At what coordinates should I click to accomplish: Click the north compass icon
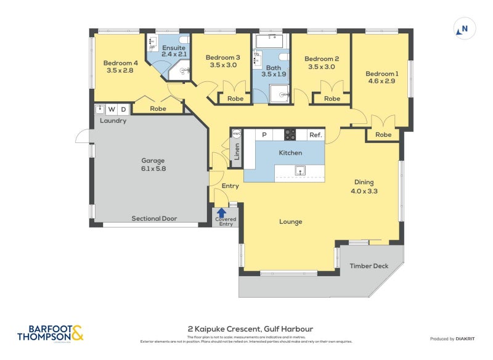tap(465, 28)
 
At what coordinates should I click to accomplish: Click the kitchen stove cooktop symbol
tap(290, 134)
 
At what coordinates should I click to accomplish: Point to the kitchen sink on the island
tap(300, 171)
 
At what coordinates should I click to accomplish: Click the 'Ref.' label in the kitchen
tap(315, 135)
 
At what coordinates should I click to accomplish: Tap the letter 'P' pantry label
tap(264, 135)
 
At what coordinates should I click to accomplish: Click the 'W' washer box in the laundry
tap(112, 110)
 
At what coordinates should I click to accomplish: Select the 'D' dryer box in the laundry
tap(123, 110)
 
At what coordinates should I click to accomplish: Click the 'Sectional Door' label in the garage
tap(153, 218)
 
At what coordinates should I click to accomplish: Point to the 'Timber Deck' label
tap(369, 266)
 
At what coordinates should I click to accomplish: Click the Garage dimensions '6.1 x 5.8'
tap(153, 168)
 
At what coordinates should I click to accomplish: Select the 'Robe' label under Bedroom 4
tap(158, 108)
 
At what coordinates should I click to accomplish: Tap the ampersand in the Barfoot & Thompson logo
tap(77, 333)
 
